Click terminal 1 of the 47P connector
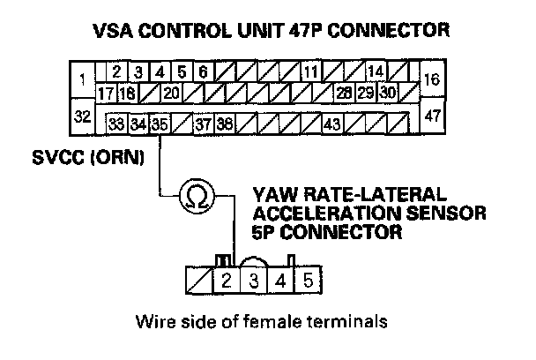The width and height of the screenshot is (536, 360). click(x=82, y=80)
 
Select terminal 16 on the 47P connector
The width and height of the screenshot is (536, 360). click(x=432, y=79)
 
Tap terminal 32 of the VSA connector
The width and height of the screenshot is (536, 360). click(x=82, y=116)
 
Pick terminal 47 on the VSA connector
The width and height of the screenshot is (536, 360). click(x=432, y=116)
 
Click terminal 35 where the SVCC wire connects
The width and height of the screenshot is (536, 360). click(x=159, y=124)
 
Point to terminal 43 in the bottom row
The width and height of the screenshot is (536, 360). click(x=332, y=124)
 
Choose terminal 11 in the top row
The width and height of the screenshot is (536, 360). click(x=311, y=71)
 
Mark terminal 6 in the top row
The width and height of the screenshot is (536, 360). click(x=202, y=71)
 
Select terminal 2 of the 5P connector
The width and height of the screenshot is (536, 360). click(x=227, y=282)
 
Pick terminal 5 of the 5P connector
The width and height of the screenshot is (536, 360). click(x=307, y=282)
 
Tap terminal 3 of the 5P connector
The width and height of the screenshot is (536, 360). click(x=254, y=282)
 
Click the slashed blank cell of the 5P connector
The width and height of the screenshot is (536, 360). click(x=200, y=282)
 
